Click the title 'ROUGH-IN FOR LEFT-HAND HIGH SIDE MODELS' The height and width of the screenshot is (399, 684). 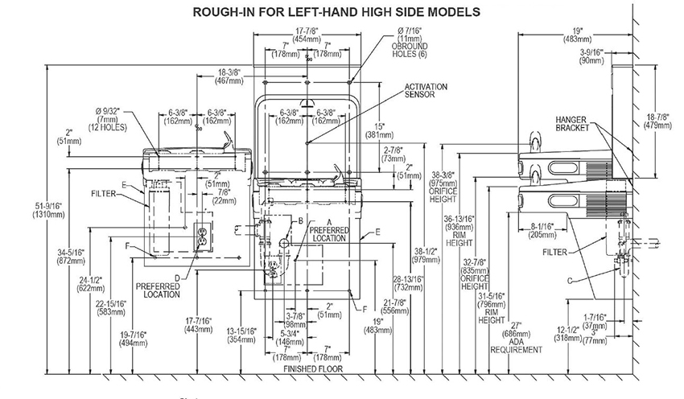coord(335,12)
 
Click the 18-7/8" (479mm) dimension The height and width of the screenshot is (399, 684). coord(659,121)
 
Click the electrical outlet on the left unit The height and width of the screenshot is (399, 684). coord(203,239)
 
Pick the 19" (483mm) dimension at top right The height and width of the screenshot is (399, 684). coord(574,35)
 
